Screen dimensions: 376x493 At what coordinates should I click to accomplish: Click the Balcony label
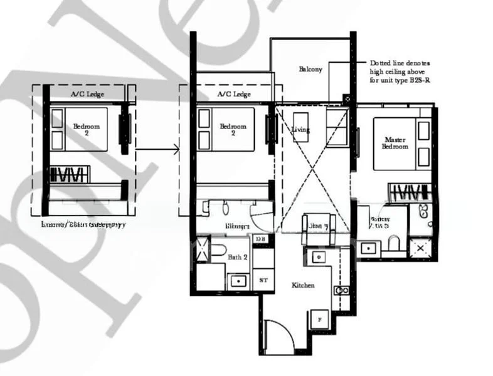[x=310, y=69]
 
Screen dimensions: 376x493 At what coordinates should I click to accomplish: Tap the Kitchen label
[x=303, y=285]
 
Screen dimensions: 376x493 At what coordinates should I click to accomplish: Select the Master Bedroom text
[x=395, y=142]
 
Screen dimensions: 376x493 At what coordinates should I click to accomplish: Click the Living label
[x=301, y=130]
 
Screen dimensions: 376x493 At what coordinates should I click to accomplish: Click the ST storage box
[x=263, y=280]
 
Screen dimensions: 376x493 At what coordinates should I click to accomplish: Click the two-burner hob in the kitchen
[x=342, y=290]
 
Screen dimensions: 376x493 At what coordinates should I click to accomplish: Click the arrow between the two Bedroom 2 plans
[x=157, y=149]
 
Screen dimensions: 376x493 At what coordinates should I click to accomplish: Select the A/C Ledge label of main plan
[x=234, y=94]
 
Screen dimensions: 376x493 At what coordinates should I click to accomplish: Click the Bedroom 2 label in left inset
[x=86, y=129]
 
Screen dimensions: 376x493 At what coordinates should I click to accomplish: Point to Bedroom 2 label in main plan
[x=233, y=129]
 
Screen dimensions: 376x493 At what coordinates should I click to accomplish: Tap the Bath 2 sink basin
[x=238, y=279]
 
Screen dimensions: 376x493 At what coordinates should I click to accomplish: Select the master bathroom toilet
[x=393, y=243]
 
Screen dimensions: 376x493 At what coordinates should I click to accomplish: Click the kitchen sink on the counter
[x=317, y=256]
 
